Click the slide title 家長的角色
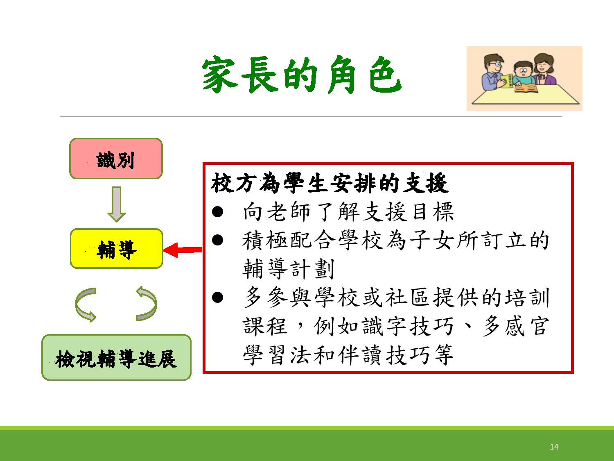[x=302, y=75]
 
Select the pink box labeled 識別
[x=116, y=159]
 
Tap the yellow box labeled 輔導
[x=116, y=249]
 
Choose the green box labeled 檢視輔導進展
[x=116, y=357]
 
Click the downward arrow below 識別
[x=116, y=204]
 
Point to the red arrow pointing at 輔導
[x=183, y=250]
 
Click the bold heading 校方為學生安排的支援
[x=330, y=183]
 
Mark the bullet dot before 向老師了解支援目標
[x=218, y=211]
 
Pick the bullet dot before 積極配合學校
[x=218, y=240]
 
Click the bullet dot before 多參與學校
[x=218, y=297]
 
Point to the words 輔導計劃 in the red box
[x=289, y=269]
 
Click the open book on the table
[x=526, y=89]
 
